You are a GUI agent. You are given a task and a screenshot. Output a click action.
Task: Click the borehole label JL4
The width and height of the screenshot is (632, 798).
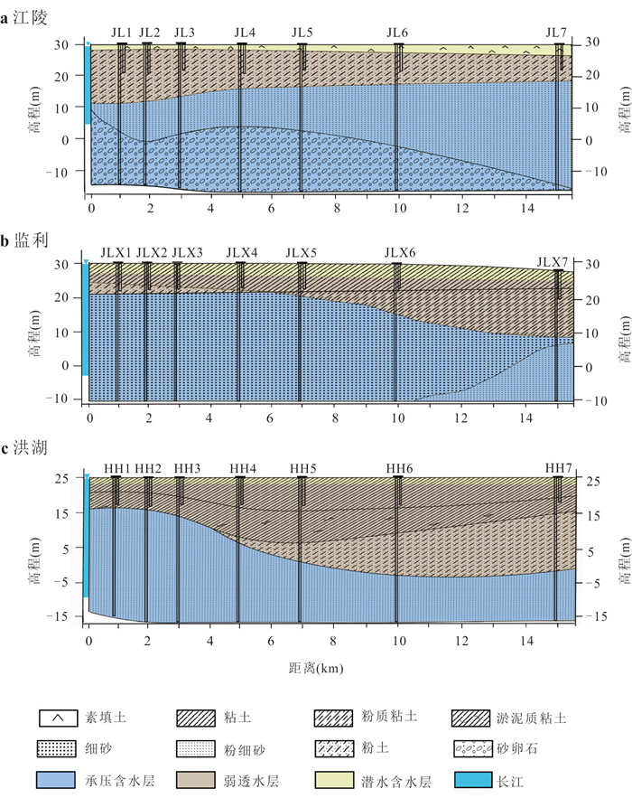tap(245, 33)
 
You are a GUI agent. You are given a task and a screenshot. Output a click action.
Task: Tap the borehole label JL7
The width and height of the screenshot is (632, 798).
tap(556, 33)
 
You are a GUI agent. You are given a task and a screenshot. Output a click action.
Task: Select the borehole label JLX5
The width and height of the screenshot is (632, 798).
tap(301, 252)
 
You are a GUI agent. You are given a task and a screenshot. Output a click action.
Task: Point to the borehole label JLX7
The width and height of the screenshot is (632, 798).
tap(553, 263)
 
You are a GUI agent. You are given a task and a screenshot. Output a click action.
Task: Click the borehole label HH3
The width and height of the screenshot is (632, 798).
tap(187, 468)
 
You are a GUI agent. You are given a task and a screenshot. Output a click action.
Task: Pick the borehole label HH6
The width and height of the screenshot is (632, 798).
tap(399, 468)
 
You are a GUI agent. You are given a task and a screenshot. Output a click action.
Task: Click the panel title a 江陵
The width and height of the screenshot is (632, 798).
tap(23, 18)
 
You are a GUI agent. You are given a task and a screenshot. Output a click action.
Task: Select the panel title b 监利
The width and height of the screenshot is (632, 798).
tap(24, 239)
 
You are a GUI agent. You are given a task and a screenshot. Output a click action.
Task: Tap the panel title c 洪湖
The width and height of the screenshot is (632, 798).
tap(23, 448)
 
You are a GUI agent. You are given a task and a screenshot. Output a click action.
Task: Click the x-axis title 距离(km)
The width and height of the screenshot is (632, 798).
tap(316, 668)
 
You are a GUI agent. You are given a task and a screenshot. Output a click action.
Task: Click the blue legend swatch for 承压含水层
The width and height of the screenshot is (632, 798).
tap(57, 780)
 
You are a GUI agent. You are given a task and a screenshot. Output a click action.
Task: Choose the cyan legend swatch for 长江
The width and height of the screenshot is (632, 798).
tap(473, 780)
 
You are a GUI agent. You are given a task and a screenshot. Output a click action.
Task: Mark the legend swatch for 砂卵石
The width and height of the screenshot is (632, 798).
tap(473, 748)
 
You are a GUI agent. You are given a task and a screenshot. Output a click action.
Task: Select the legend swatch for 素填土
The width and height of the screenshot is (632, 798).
tap(59, 718)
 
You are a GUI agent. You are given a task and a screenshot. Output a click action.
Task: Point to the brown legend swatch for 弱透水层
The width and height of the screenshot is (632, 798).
tap(196, 780)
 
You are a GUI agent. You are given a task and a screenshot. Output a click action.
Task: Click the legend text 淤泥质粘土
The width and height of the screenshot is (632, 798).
tap(531, 718)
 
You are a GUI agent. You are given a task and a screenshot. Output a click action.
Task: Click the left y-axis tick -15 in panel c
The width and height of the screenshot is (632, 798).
tap(57, 616)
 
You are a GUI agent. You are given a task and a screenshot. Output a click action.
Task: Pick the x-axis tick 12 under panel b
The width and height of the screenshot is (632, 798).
tap(460, 418)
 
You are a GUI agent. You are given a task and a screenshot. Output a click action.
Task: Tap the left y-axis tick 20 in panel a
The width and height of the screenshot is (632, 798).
tap(61, 76)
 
